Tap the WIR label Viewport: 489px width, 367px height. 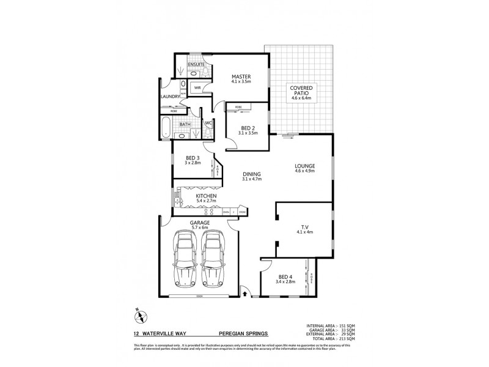coord(197,88)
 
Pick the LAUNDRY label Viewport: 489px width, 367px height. coord(169,97)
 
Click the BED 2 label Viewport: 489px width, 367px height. coord(240,128)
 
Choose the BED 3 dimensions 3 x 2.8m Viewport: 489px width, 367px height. coord(193,164)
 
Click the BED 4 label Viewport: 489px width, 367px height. coord(285,276)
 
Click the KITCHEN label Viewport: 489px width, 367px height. coord(206,195)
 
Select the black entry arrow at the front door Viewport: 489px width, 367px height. coord(245,294)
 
